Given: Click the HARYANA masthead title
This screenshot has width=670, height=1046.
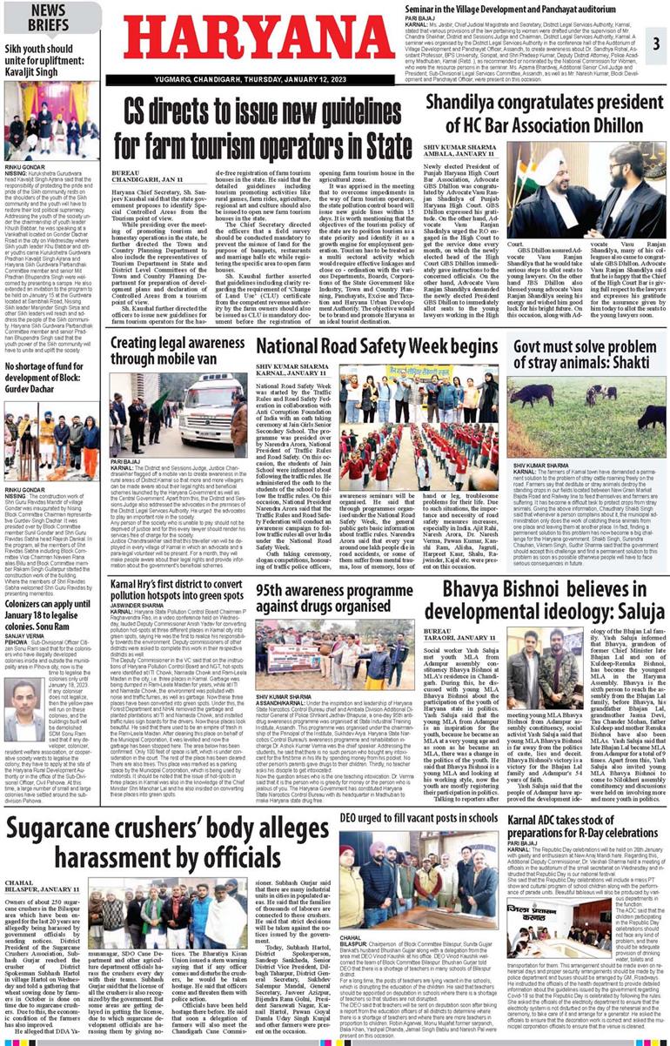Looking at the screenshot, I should tap(253, 37).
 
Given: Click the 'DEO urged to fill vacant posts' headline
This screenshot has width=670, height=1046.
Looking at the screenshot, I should tap(412, 795).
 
